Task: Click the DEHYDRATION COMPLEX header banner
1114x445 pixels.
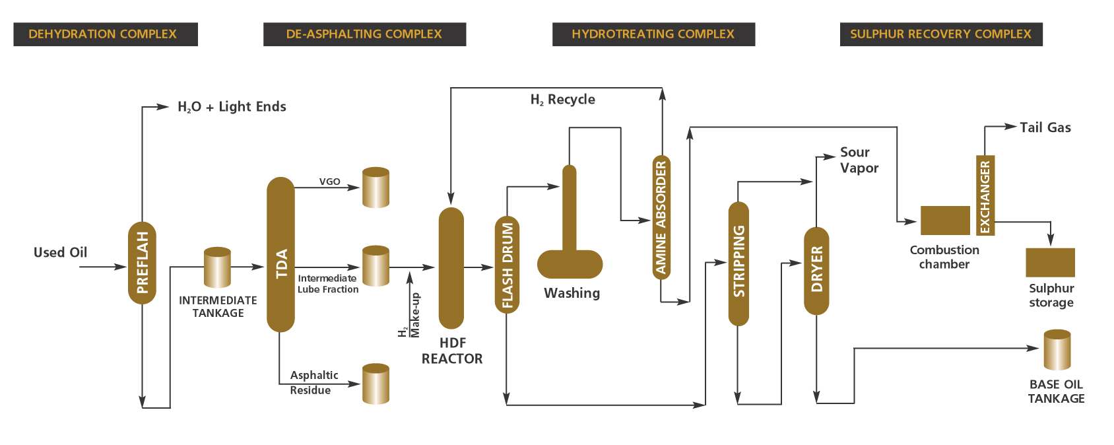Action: (105, 34)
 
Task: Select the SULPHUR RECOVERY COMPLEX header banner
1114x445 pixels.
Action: (940, 34)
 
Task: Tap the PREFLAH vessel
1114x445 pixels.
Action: (142, 263)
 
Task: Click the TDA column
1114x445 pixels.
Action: (280, 254)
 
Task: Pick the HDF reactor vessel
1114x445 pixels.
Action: (451, 267)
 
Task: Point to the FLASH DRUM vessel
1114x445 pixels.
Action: (507, 264)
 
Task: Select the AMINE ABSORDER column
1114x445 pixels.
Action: (661, 217)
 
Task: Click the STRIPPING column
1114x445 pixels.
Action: (738, 263)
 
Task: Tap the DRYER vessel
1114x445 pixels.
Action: (816, 270)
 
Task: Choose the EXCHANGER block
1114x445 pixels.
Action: (985, 195)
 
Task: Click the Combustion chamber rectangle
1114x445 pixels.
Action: (945, 221)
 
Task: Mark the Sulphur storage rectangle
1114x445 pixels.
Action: (1050, 262)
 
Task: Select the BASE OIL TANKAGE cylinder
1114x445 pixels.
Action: (1057, 350)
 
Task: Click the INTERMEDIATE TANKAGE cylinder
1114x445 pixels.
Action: (217, 267)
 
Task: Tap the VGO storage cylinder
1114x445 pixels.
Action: (376, 188)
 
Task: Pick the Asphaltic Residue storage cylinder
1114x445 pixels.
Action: (376, 384)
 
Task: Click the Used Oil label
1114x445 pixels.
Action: (60, 252)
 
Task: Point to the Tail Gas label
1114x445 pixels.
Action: (1045, 127)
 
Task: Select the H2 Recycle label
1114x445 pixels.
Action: (562, 100)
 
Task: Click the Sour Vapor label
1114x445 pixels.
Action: (859, 160)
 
